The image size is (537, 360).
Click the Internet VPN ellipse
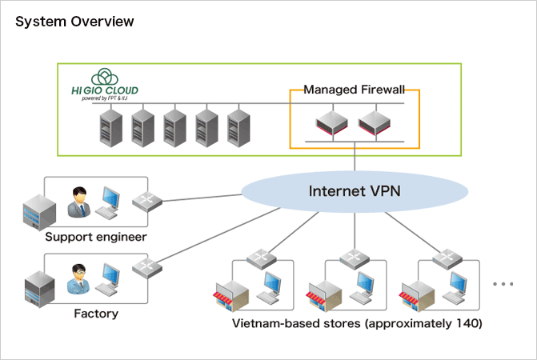click(355, 192)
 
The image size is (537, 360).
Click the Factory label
click(95, 313)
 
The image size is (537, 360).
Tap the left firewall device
click(330, 123)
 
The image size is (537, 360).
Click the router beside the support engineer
click(146, 202)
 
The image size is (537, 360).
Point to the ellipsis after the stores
click(503, 284)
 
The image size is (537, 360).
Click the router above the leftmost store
click(261, 258)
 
